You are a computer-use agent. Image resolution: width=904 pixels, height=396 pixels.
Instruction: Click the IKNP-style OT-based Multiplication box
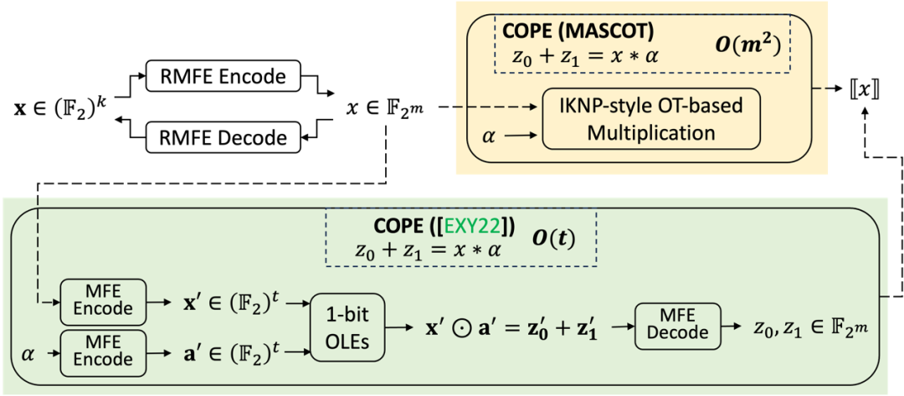pos(651,119)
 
